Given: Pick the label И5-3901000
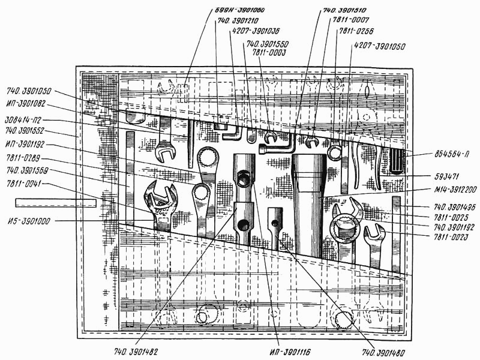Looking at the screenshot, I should coord(29,221).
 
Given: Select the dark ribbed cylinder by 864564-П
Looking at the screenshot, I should coord(398,161).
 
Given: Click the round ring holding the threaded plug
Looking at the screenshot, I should coord(343,229).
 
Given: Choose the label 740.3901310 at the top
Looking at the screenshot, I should coord(345,11).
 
